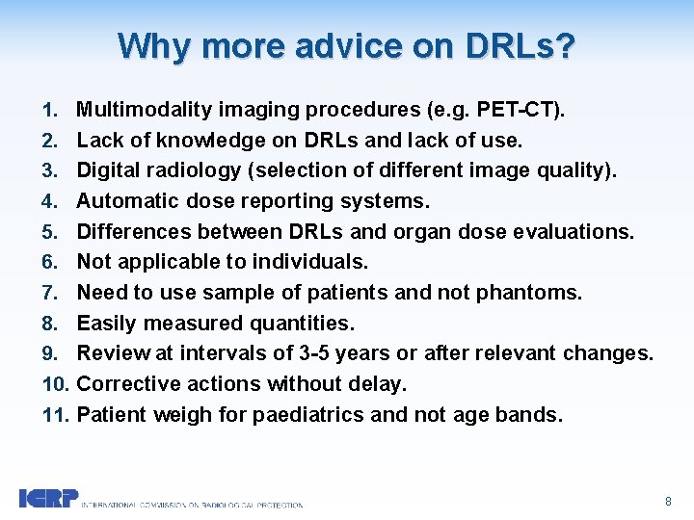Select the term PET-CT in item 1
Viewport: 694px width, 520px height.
click(x=524, y=110)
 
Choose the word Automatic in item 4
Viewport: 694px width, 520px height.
click(x=121, y=201)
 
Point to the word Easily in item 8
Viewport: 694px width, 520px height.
click(x=102, y=323)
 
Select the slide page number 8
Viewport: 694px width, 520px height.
click(x=668, y=502)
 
